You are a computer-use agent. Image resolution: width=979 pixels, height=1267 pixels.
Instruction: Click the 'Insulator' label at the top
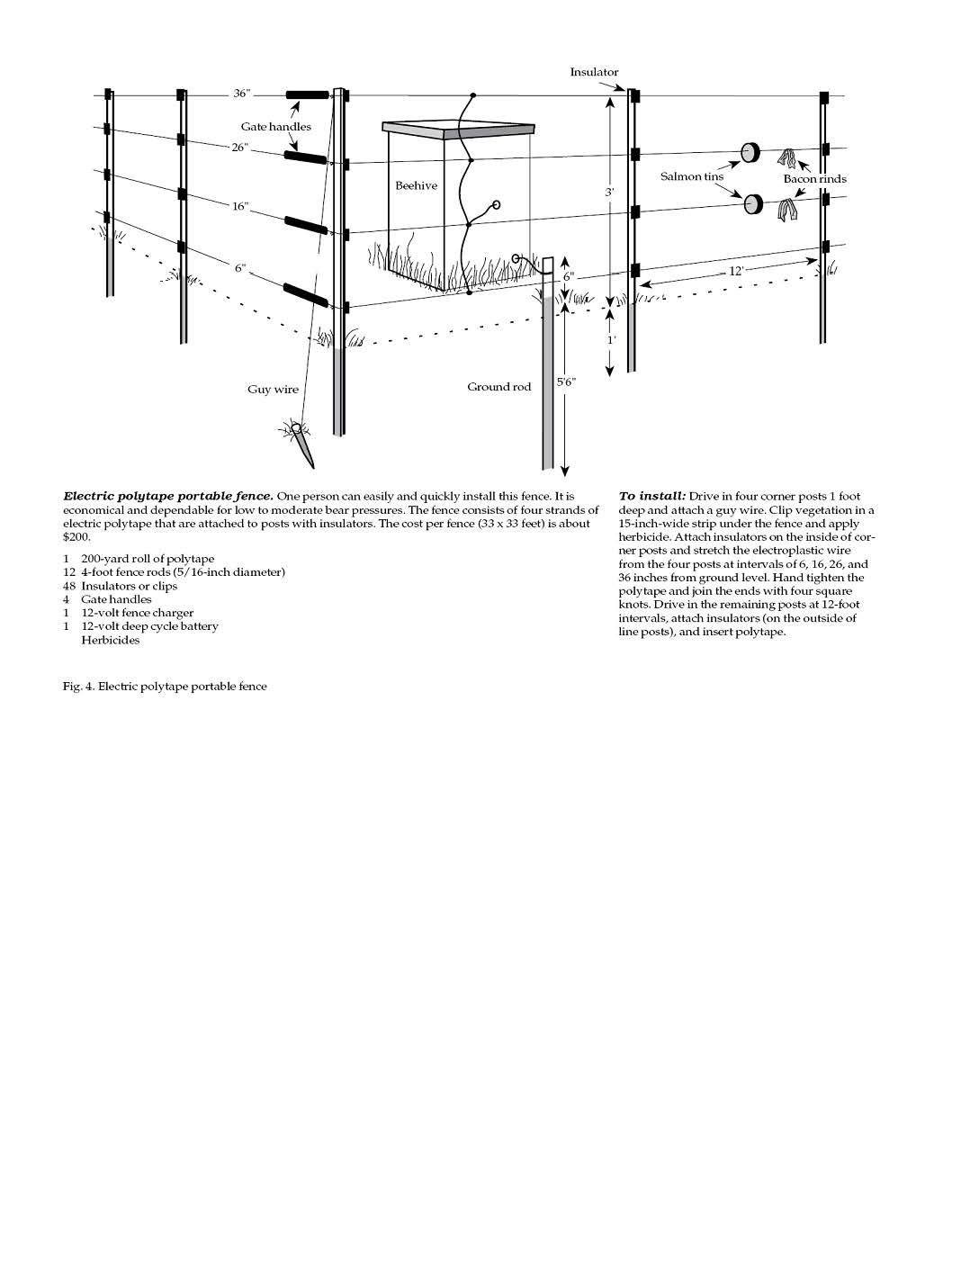594,72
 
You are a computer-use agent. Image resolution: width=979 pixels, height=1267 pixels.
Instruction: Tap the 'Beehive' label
416,185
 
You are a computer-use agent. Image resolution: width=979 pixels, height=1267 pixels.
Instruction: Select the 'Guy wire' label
273,390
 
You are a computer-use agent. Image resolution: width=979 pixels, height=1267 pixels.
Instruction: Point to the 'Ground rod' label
498,387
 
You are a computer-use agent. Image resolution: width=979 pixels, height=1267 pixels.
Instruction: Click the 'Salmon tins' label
692,176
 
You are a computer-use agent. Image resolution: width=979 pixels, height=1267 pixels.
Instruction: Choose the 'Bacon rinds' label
814,179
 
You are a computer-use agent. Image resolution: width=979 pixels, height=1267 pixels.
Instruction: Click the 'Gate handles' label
275,127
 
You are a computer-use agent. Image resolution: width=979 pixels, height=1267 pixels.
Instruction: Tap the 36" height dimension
242,94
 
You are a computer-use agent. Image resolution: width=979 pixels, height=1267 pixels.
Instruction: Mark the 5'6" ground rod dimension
566,382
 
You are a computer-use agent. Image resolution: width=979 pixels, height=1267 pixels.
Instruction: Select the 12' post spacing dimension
736,270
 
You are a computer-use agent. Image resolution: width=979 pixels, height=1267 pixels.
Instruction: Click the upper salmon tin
750,153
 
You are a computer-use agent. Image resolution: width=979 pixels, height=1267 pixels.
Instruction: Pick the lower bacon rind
789,212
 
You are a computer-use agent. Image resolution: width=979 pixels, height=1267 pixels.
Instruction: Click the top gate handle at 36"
307,94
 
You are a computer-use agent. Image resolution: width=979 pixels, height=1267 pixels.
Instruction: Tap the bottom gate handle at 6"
305,293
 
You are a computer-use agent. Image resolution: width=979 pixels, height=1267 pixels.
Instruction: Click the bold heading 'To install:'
652,496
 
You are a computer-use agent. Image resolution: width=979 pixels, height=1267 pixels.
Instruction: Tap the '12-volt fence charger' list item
137,613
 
